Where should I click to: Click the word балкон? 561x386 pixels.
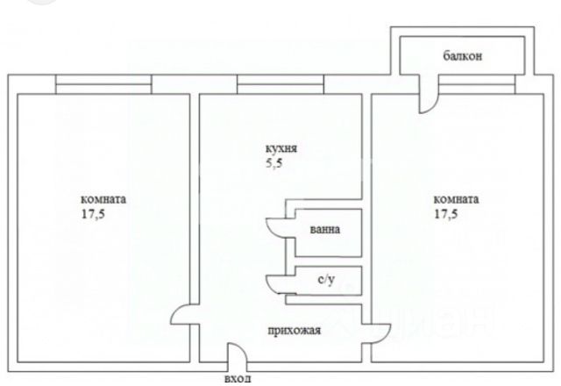point(464,57)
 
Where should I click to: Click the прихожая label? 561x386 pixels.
point(295,331)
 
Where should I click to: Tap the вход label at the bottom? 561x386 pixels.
point(238,378)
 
